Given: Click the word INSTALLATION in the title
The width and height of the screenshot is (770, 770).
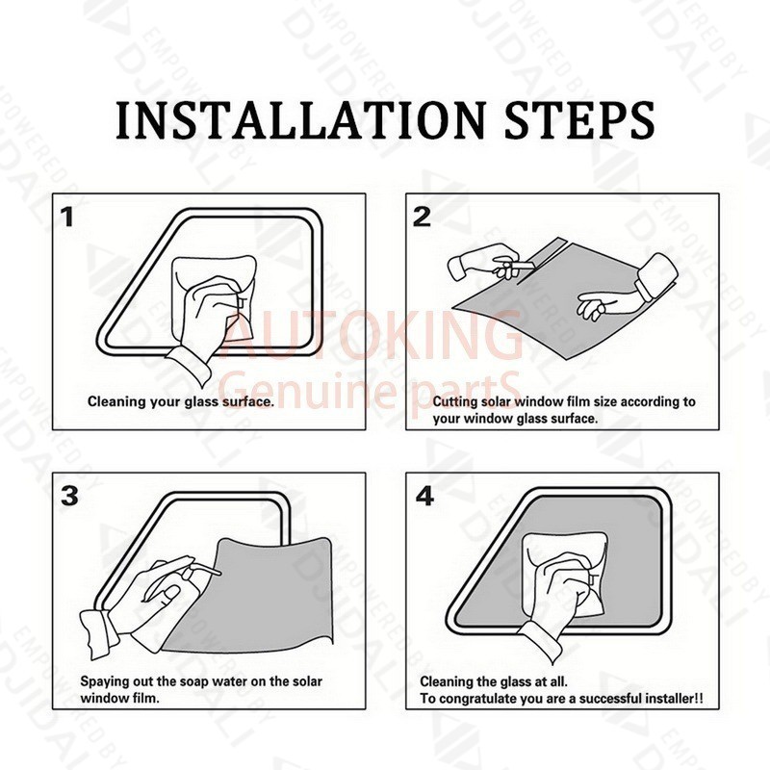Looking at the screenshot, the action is click(x=300, y=121).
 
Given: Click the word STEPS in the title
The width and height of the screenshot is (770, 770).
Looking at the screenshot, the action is click(x=580, y=121).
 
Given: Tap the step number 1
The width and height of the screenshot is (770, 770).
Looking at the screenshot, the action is click(x=67, y=218).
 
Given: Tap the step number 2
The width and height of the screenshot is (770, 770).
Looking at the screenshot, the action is click(x=422, y=217).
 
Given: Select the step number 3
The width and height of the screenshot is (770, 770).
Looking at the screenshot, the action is click(x=69, y=496).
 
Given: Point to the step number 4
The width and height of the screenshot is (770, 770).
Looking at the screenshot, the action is click(x=424, y=496).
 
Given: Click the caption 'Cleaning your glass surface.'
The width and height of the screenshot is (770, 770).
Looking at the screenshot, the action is click(x=181, y=402).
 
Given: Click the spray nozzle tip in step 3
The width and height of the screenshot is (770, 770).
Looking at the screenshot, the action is click(x=219, y=573).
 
